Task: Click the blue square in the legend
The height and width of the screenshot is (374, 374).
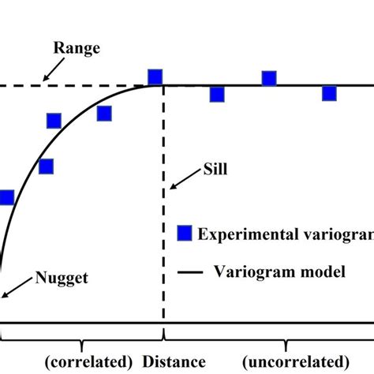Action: tap(183, 233)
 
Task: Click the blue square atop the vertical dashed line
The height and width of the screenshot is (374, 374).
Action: tap(155, 77)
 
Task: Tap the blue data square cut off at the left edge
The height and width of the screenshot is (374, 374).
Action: tap(6, 197)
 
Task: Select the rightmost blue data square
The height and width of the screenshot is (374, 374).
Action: tap(329, 93)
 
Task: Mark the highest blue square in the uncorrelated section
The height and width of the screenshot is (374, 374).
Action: tap(269, 78)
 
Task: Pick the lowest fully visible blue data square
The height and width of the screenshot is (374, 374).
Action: tap(46, 166)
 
